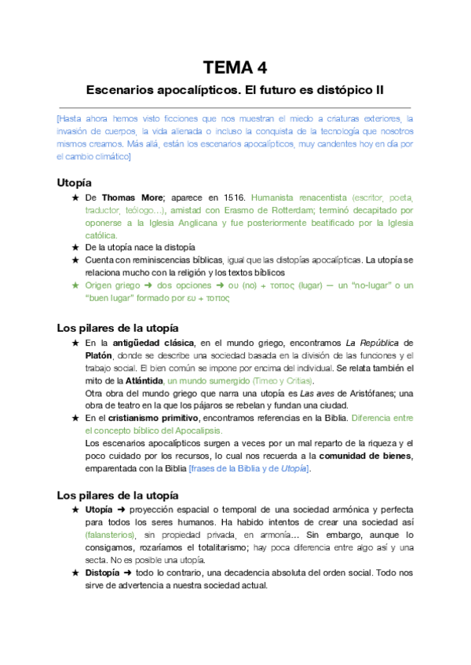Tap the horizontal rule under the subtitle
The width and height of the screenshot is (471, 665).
coord(235,107)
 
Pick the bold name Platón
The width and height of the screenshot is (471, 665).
coord(101,355)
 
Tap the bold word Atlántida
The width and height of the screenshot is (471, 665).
coord(141,380)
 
